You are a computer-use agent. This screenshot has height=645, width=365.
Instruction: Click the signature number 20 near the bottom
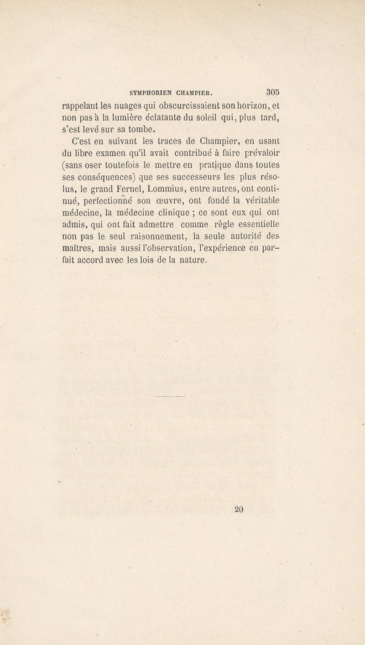pos(238,509)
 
